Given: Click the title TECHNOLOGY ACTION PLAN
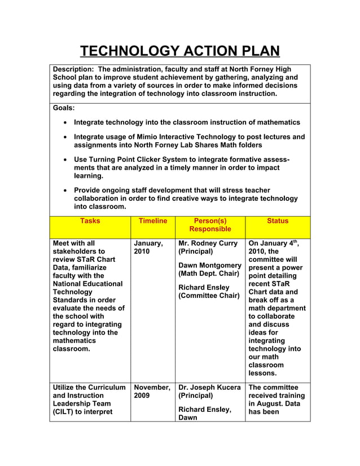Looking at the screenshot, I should tap(179, 51).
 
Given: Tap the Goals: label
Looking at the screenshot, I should tap(64, 107).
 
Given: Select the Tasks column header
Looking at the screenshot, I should tap(90, 221).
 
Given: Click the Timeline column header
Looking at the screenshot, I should tap(153, 221).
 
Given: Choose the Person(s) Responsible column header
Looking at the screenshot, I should tap(210, 225).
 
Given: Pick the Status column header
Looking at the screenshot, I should tap(278, 221).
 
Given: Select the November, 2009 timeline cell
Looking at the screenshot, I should tap(151, 392).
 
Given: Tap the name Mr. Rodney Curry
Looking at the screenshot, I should tap(208, 243).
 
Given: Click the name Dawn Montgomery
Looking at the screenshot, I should tap(210, 265).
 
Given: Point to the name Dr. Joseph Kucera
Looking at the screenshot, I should tap(210, 388).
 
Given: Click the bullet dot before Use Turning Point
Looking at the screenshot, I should tap(67, 160).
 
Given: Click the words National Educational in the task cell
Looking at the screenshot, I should tap(87, 284).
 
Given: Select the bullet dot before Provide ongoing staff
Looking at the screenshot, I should tap(67, 191).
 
